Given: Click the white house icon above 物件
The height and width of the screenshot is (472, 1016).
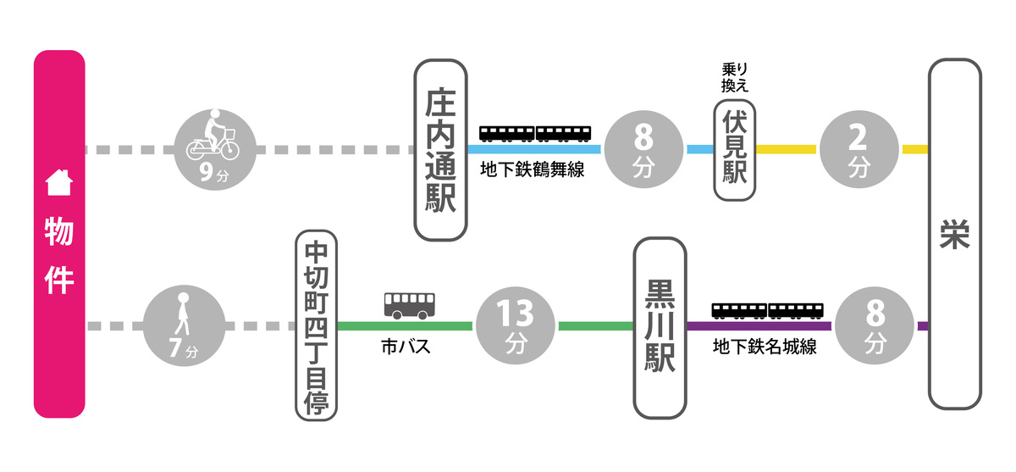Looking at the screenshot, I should pyautogui.click(x=58, y=181).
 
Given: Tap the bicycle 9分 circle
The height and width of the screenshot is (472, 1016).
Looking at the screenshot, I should pyautogui.click(x=213, y=150).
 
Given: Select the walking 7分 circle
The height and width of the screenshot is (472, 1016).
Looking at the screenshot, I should pyautogui.click(x=184, y=325).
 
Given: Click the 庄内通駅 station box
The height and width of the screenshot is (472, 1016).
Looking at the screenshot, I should pyautogui.click(x=441, y=150).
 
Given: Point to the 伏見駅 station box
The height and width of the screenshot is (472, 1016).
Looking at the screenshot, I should pyautogui.click(x=734, y=150).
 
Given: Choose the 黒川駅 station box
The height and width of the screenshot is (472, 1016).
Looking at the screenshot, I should pyautogui.click(x=660, y=329).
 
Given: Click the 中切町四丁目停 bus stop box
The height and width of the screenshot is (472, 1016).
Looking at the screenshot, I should pyautogui.click(x=316, y=325).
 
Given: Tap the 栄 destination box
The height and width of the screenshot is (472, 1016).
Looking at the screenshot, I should pyautogui.click(x=954, y=235).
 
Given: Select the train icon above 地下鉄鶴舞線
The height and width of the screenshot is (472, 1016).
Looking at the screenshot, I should pyautogui.click(x=535, y=133).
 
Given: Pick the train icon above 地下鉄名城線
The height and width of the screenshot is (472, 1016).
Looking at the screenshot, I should pyautogui.click(x=767, y=309).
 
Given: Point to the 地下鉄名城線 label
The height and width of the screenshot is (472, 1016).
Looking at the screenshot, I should pyautogui.click(x=765, y=347).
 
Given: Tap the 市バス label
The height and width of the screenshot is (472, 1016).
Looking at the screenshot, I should pyautogui.click(x=406, y=347).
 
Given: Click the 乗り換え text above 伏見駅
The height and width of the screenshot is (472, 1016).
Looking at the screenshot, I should pyautogui.click(x=734, y=77).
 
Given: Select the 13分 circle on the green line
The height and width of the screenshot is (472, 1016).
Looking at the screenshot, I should pyautogui.click(x=516, y=325).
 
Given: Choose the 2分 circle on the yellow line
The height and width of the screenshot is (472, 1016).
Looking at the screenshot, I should pyautogui.click(x=859, y=150).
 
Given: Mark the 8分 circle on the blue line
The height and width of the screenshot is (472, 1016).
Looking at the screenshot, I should pyautogui.click(x=643, y=150).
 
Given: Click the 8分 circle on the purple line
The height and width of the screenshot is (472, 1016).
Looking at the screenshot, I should pyautogui.click(x=875, y=325).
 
